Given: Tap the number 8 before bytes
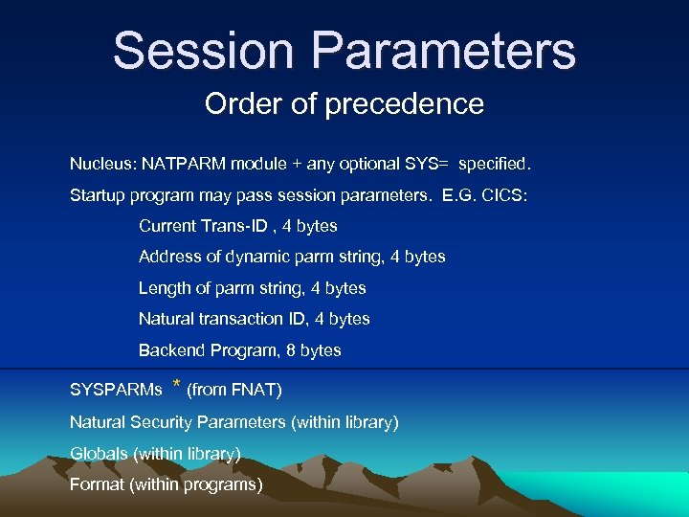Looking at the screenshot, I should (x=290, y=350).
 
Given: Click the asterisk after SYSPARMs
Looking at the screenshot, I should (x=176, y=386).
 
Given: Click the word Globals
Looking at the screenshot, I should (x=99, y=453).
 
